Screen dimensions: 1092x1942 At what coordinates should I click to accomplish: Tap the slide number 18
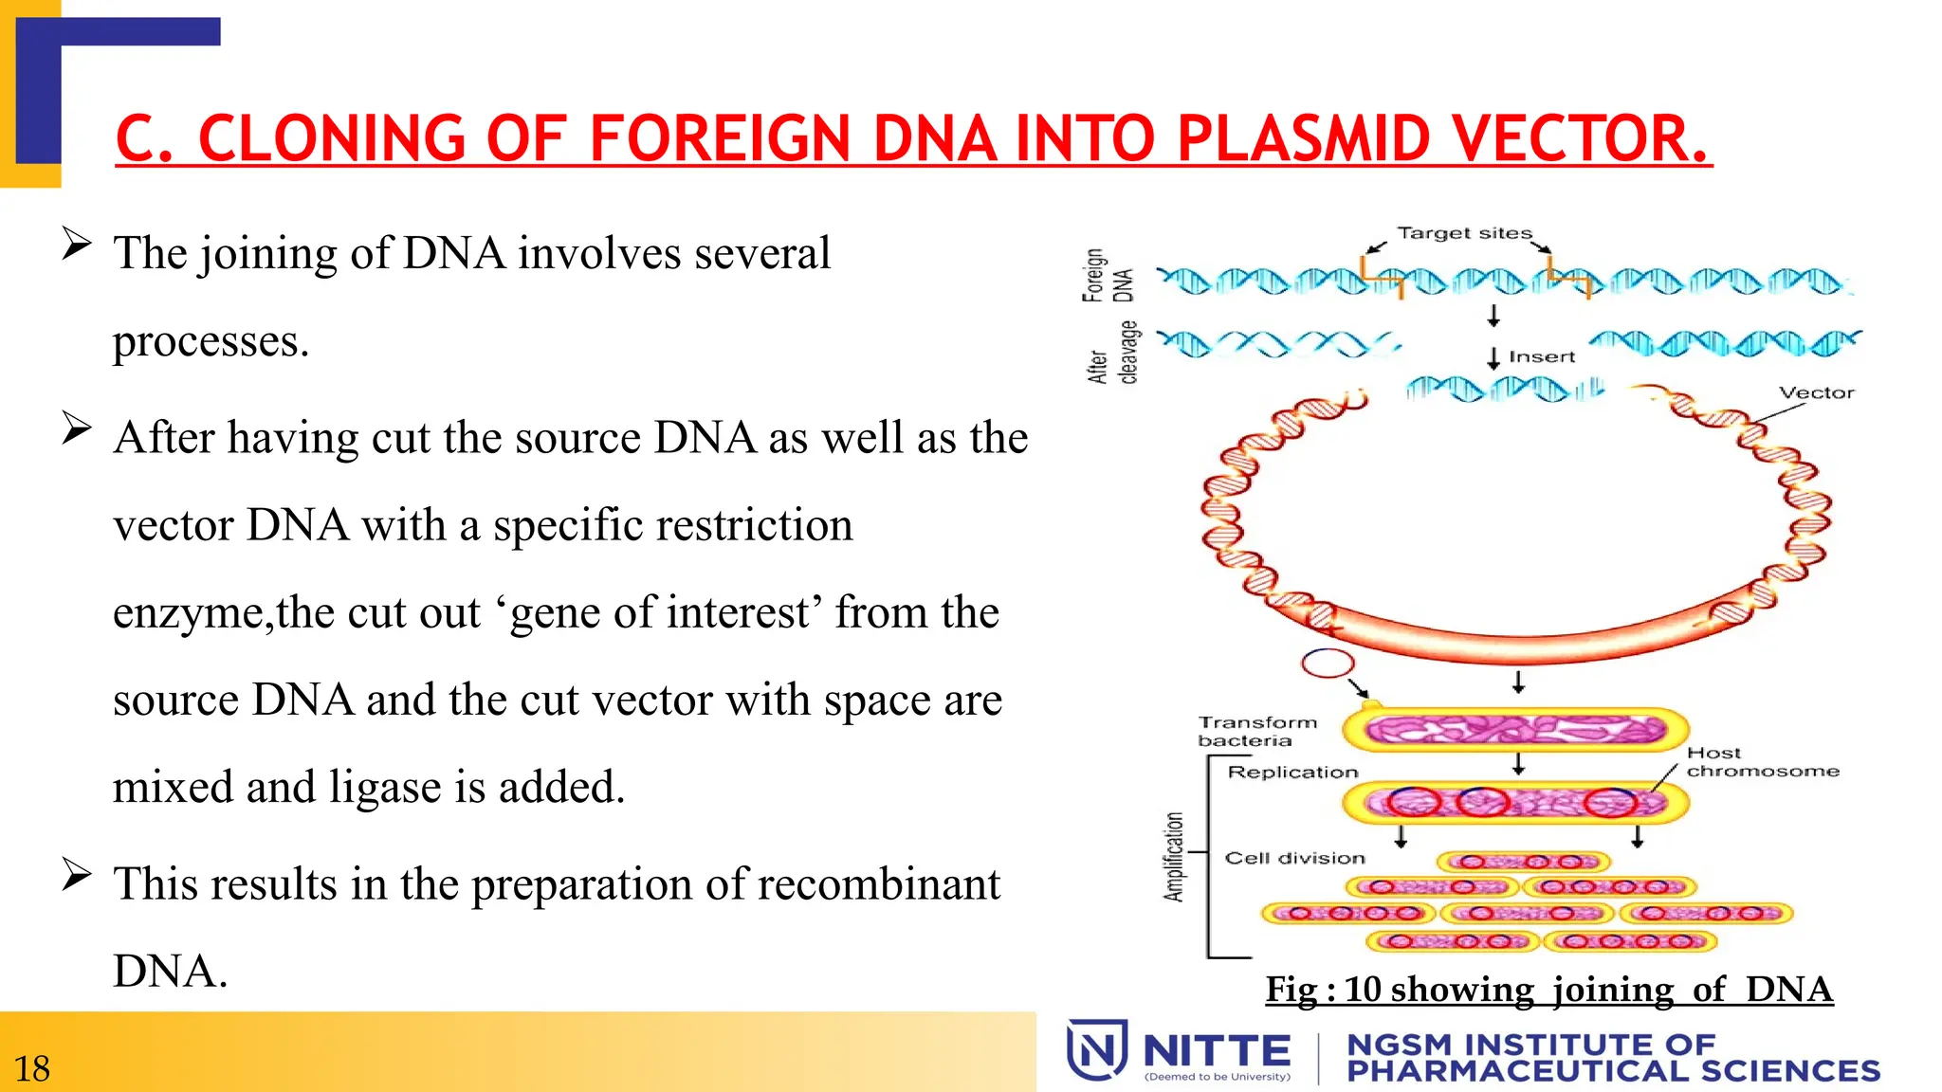[x=31, y=1068]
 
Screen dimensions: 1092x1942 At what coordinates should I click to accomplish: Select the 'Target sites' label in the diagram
[x=1464, y=233]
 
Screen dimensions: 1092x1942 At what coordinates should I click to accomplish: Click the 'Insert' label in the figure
[x=1541, y=357]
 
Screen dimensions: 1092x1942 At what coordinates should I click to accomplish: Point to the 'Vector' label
[x=1816, y=392]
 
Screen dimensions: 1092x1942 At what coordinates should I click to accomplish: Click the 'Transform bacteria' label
[x=1256, y=731]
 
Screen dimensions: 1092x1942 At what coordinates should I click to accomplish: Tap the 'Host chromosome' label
[x=1761, y=762]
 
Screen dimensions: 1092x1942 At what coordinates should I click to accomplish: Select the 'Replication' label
[x=1292, y=773]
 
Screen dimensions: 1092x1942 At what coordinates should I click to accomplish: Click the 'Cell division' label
[x=1294, y=858]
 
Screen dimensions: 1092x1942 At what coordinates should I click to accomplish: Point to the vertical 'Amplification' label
[x=1174, y=857]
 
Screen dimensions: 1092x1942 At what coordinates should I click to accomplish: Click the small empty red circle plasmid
[x=1327, y=664]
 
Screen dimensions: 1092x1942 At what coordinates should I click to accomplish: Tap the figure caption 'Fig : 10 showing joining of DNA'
[x=1548, y=989]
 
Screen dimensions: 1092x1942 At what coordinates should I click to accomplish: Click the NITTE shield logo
[x=1097, y=1049]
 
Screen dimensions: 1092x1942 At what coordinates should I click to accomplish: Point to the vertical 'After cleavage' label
[x=1111, y=354]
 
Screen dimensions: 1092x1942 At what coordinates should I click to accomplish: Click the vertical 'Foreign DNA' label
[x=1107, y=275]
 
